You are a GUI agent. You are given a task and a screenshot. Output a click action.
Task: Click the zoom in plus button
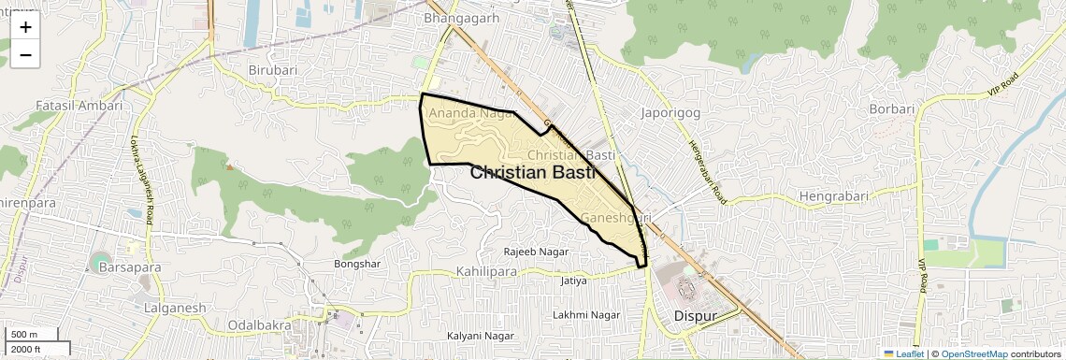tap(25, 27)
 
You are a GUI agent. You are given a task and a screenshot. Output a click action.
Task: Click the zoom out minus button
tap(25, 55)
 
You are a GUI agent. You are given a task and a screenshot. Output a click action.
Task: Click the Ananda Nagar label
tap(471, 114)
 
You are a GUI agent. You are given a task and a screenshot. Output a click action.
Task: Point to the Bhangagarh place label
tap(462, 18)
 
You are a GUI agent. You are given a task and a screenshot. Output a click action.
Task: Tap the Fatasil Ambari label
tap(79, 105)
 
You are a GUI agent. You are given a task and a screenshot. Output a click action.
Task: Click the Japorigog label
tap(670, 113)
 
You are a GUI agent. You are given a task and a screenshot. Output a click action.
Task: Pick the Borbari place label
tap(891, 108)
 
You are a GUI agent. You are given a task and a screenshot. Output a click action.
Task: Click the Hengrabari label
tap(833, 196)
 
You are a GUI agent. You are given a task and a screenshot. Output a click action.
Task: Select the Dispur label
tap(695, 316)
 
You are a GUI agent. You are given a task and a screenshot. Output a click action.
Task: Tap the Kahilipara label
tap(487, 271)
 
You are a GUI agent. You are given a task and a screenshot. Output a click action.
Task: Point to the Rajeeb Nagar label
tap(536, 252)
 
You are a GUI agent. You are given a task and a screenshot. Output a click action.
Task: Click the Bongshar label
tap(357, 264)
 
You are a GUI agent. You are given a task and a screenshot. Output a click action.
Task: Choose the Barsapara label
tap(129, 267)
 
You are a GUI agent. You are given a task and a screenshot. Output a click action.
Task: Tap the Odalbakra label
tap(256, 325)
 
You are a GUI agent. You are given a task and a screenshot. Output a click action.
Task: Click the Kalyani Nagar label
tap(481, 336)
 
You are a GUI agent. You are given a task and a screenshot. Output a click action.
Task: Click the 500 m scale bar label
tap(25, 335)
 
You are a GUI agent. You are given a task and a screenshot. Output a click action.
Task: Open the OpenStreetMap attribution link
tap(973, 354)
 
